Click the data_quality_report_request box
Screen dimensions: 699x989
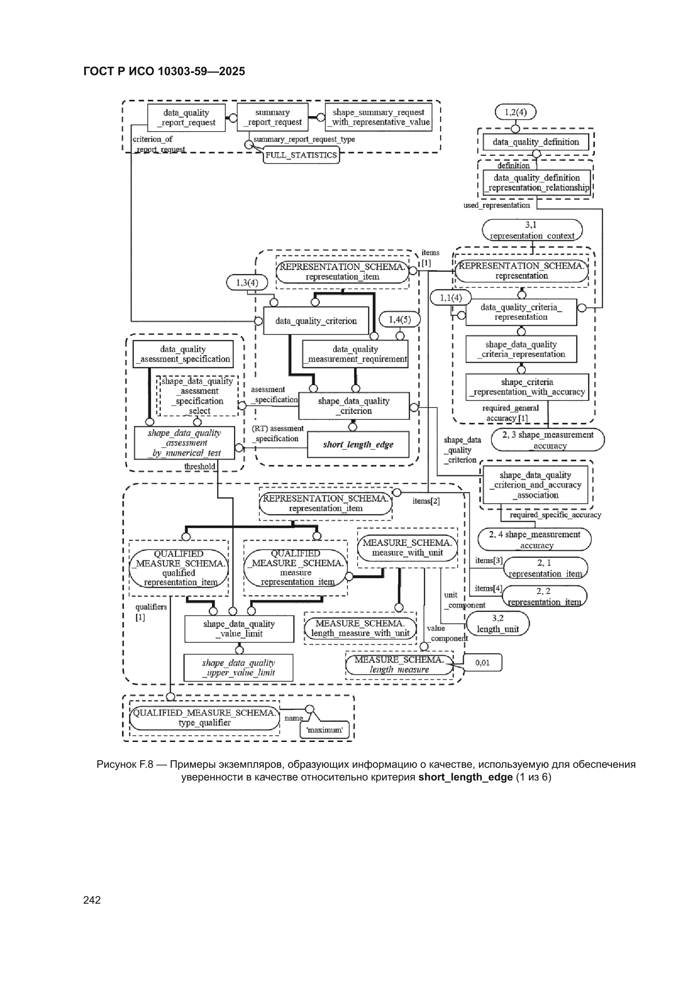pyautogui.click(x=186, y=117)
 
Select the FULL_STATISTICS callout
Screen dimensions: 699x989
pyautogui.click(x=301, y=155)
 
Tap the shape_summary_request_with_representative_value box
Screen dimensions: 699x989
pyautogui.click(x=378, y=117)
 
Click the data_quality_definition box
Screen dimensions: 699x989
pyautogui.click(x=535, y=142)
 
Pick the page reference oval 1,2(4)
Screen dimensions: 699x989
pyautogui.click(x=515, y=112)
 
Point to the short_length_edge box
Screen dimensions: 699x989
pyautogui.click(x=358, y=445)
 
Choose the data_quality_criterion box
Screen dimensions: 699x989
pyautogui.click(x=316, y=321)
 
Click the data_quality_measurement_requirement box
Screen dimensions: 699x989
pyautogui.click(x=355, y=354)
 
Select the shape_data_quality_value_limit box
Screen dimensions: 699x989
pyautogui.click(x=239, y=629)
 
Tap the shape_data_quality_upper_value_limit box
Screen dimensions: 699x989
pyautogui.click(x=238, y=668)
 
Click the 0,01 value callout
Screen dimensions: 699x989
pyautogui.click(x=482, y=662)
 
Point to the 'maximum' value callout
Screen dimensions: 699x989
pyautogui.click(x=324, y=730)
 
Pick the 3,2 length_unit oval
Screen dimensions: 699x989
pyautogui.click(x=497, y=623)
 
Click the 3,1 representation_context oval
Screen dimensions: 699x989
pyautogui.click(x=532, y=230)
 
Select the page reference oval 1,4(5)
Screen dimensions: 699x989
pyautogui.click(x=400, y=319)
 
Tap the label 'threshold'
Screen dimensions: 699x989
pyautogui.click(x=200, y=466)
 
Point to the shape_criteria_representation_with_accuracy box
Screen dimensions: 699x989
pyautogui.click(x=527, y=387)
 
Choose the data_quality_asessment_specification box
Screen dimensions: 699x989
pyautogui.click(x=183, y=354)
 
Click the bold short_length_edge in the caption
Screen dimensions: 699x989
pyautogui.click(x=465, y=777)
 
